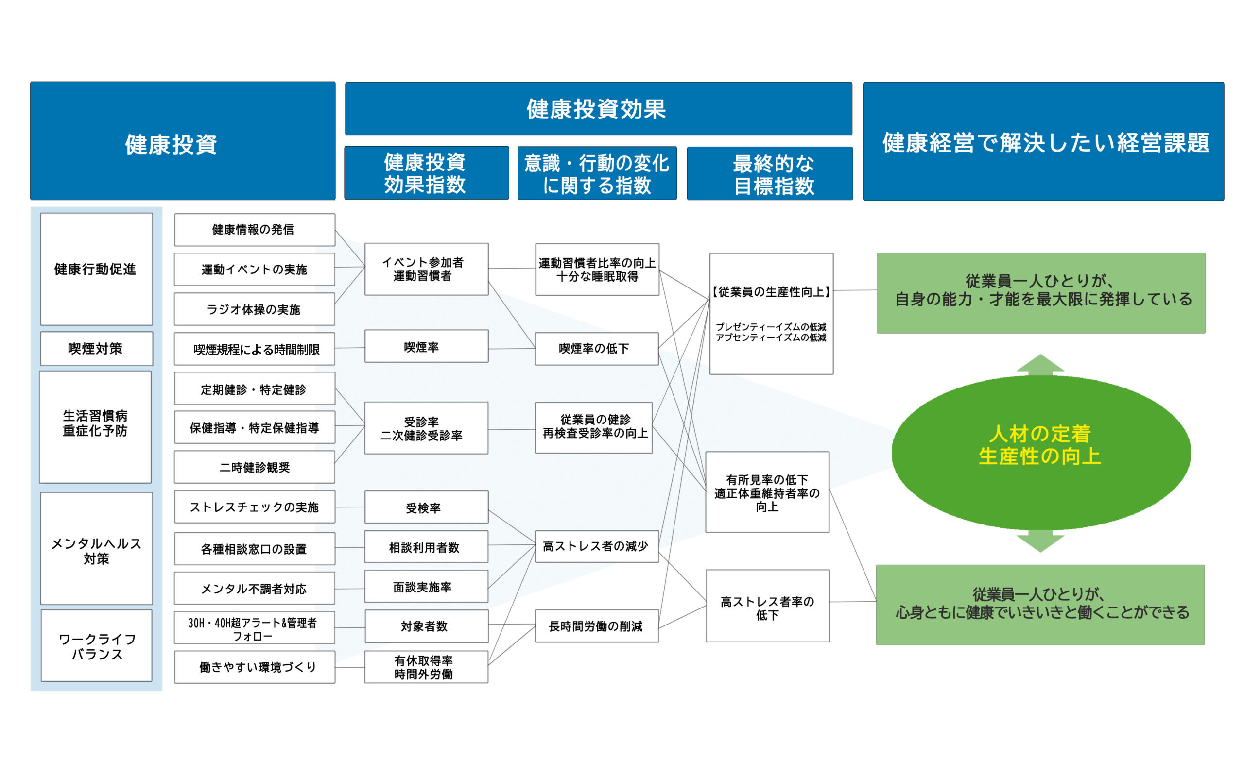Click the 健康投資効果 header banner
pyautogui.click(x=598, y=109)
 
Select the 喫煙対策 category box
pyautogui.click(x=96, y=348)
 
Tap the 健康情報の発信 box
pyautogui.click(x=255, y=230)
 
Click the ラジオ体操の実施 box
pyautogui.click(x=255, y=309)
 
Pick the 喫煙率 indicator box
pyautogui.click(x=426, y=346)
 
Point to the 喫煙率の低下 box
pyautogui.click(x=596, y=348)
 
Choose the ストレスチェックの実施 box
pyautogui.click(x=255, y=507)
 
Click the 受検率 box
pyautogui.click(x=426, y=507)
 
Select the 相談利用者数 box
pyautogui.click(x=426, y=547)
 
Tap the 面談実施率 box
pyautogui.click(x=426, y=586)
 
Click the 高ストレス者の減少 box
pyautogui.click(x=596, y=546)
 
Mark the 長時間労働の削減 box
pyautogui.click(x=596, y=626)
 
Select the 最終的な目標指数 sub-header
pyautogui.click(x=770, y=174)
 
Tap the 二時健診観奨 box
pyautogui.click(x=255, y=467)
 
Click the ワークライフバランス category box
pyautogui.click(x=96, y=645)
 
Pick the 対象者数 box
pyautogui.click(x=426, y=626)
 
